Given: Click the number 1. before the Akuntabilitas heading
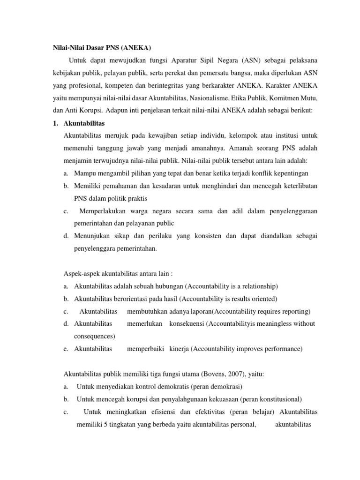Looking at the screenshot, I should click(55, 123).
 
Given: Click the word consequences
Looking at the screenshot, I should click(94, 336).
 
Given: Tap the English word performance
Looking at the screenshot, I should click(281, 349).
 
